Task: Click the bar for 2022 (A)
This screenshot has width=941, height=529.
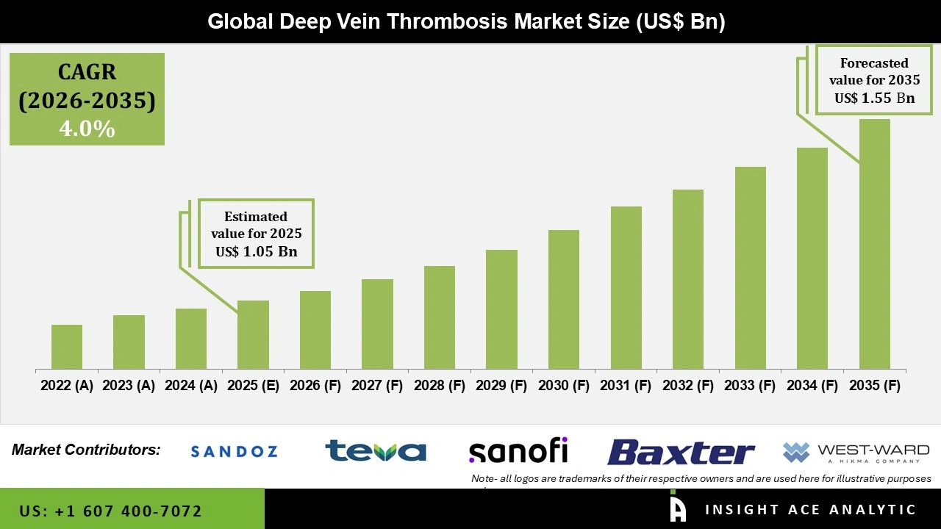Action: coord(67,347)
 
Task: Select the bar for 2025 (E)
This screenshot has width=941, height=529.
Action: coord(253,334)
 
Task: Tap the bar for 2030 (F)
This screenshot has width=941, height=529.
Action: coord(564,299)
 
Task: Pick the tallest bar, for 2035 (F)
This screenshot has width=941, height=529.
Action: coord(874,244)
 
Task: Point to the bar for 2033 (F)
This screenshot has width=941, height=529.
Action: coord(750,267)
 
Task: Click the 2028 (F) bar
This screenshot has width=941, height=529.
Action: coord(440,317)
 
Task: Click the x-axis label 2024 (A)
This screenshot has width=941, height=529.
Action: coord(191,386)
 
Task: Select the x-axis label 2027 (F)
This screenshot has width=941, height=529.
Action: coord(377,386)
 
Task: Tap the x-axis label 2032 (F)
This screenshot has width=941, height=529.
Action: coord(688,386)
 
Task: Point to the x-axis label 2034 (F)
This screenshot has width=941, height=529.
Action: coord(812,386)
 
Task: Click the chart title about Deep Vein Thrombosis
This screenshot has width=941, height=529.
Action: coord(466,21)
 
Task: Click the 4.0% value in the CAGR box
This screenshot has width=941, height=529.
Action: coord(87,129)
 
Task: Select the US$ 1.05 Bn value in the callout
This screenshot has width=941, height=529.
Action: coord(256,252)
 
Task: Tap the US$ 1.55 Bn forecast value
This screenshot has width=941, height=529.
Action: coord(874,98)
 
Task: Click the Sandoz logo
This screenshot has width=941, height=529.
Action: coord(234,451)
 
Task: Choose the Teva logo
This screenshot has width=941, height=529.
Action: coord(376,450)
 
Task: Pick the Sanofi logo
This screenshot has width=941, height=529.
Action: coord(518,450)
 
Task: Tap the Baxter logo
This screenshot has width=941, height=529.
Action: coord(681,452)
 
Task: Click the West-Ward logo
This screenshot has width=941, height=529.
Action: coord(856,452)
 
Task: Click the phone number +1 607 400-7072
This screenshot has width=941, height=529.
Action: coord(111,511)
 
